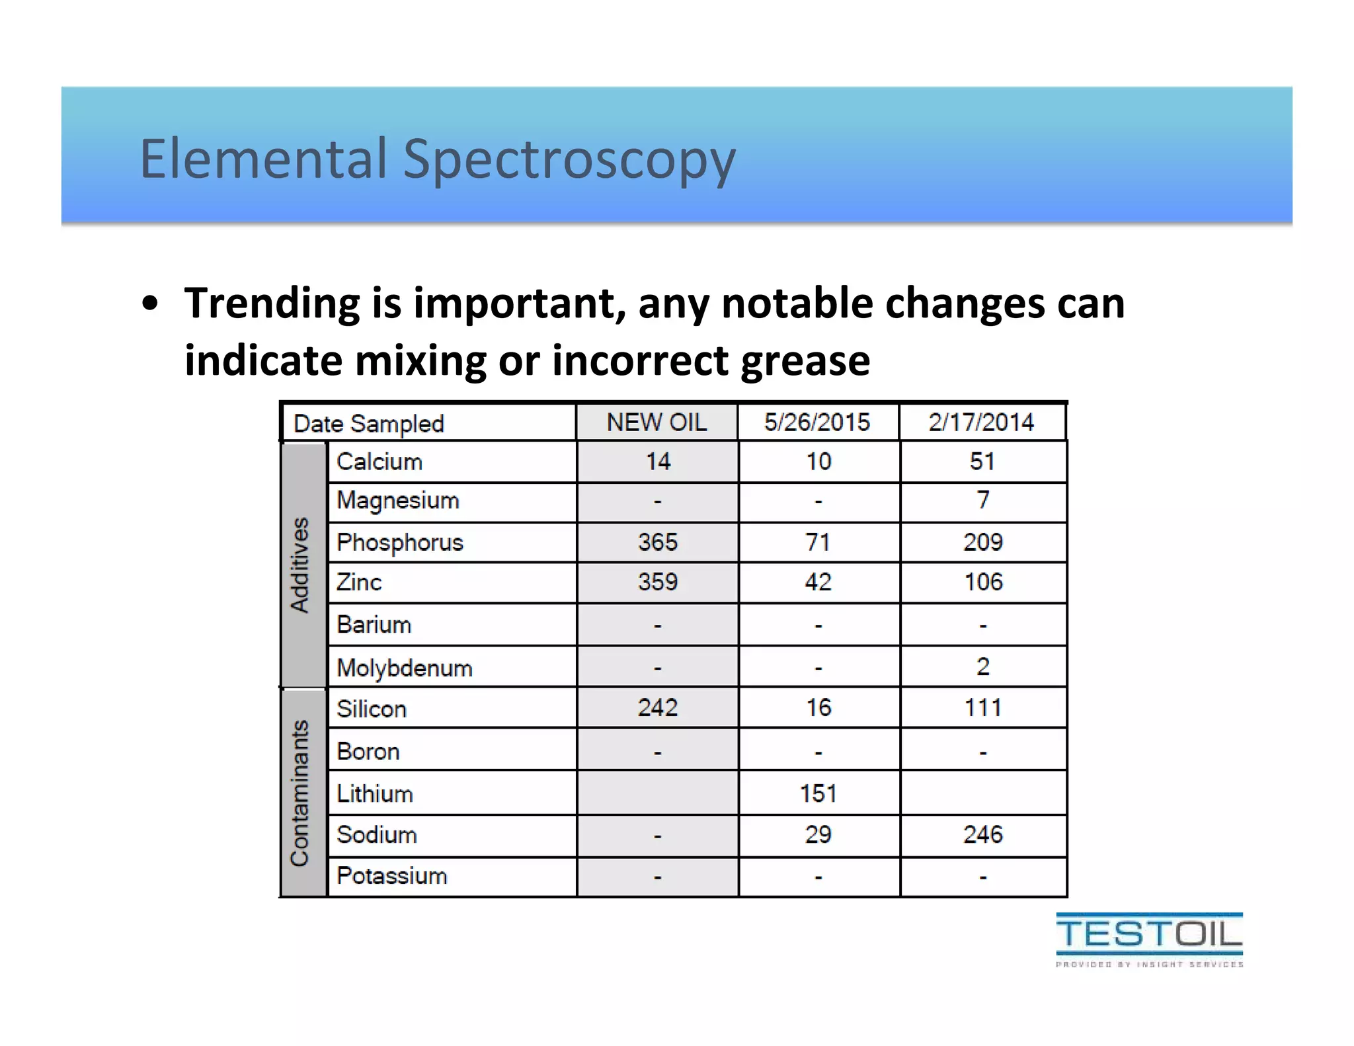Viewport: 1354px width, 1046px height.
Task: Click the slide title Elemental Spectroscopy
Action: click(437, 159)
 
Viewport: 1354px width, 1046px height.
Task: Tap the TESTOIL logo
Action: click(1149, 939)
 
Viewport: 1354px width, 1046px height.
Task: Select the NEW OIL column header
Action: click(657, 422)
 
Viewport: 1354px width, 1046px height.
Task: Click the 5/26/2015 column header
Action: click(817, 422)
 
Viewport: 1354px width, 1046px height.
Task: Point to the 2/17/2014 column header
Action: click(981, 422)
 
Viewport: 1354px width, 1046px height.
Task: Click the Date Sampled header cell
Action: click(368, 424)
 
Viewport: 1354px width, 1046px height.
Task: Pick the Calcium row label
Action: click(379, 462)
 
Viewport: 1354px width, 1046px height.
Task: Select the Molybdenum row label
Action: click(404, 668)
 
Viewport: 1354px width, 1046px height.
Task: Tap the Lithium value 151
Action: click(818, 793)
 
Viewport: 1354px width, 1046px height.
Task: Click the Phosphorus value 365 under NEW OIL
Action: click(657, 542)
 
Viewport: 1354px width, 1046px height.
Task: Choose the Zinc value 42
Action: click(818, 582)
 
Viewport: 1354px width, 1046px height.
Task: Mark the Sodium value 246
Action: click(982, 834)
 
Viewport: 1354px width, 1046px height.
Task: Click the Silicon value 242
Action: click(657, 708)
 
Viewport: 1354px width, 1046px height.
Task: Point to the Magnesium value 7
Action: click(983, 500)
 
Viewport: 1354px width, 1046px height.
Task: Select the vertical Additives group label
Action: click(301, 565)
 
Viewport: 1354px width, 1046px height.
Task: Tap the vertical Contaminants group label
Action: click(301, 793)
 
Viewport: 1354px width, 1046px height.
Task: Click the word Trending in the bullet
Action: click(272, 303)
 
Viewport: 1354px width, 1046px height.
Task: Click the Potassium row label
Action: click(391, 876)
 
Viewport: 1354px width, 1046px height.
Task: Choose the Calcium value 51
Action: click(982, 462)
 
